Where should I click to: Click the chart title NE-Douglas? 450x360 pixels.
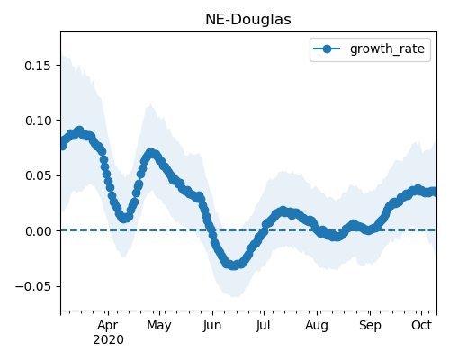pyautogui.click(x=248, y=20)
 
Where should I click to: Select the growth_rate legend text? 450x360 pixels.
pyautogui.click(x=387, y=49)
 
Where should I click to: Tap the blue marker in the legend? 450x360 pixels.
pyautogui.click(x=327, y=49)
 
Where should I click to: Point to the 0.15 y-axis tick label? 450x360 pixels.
pyautogui.click(x=38, y=66)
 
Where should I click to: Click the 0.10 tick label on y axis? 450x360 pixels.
pyautogui.click(x=38, y=121)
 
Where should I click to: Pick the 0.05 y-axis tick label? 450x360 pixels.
pyautogui.click(x=38, y=175)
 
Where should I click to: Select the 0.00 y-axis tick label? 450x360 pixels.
pyautogui.click(x=38, y=231)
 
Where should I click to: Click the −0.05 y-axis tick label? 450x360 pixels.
pyautogui.click(x=33, y=286)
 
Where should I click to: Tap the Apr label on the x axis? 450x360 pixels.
pyautogui.click(x=108, y=326)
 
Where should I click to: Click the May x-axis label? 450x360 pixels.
pyautogui.click(x=159, y=326)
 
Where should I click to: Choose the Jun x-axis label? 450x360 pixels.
pyautogui.click(x=212, y=326)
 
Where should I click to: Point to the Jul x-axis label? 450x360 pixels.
pyautogui.click(x=263, y=326)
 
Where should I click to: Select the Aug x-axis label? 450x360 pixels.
pyautogui.click(x=317, y=326)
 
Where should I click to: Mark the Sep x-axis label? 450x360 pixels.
pyautogui.click(x=370, y=326)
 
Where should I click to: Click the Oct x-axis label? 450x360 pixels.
pyautogui.click(x=421, y=325)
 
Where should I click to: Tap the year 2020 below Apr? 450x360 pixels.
pyautogui.click(x=108, y=340)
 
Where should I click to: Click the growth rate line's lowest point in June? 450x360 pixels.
pyautogui.click(x=234, y=265)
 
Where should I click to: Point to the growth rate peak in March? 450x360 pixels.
pyautogui.click(x=79, y=131)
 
